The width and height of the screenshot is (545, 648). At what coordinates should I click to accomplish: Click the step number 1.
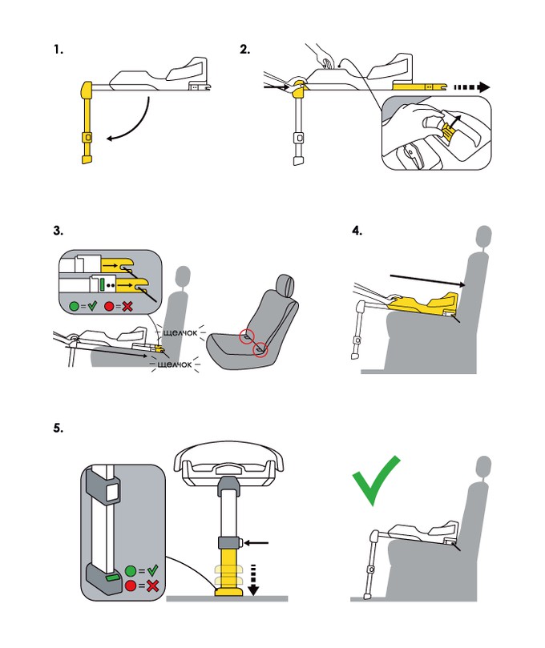click(58, 50)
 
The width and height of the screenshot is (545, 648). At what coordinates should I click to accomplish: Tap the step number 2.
click(244, 50)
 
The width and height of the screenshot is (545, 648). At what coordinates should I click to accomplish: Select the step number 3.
click(58, 232)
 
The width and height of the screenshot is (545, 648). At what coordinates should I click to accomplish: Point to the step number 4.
click(357, 232)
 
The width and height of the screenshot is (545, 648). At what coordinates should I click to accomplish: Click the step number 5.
click(58, 427)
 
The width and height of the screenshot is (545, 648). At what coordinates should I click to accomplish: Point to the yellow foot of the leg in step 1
click(87, 159)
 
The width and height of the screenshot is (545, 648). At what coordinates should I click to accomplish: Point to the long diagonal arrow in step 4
click(424, 280)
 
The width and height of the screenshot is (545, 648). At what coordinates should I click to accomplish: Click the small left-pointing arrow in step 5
click(258, 543)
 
